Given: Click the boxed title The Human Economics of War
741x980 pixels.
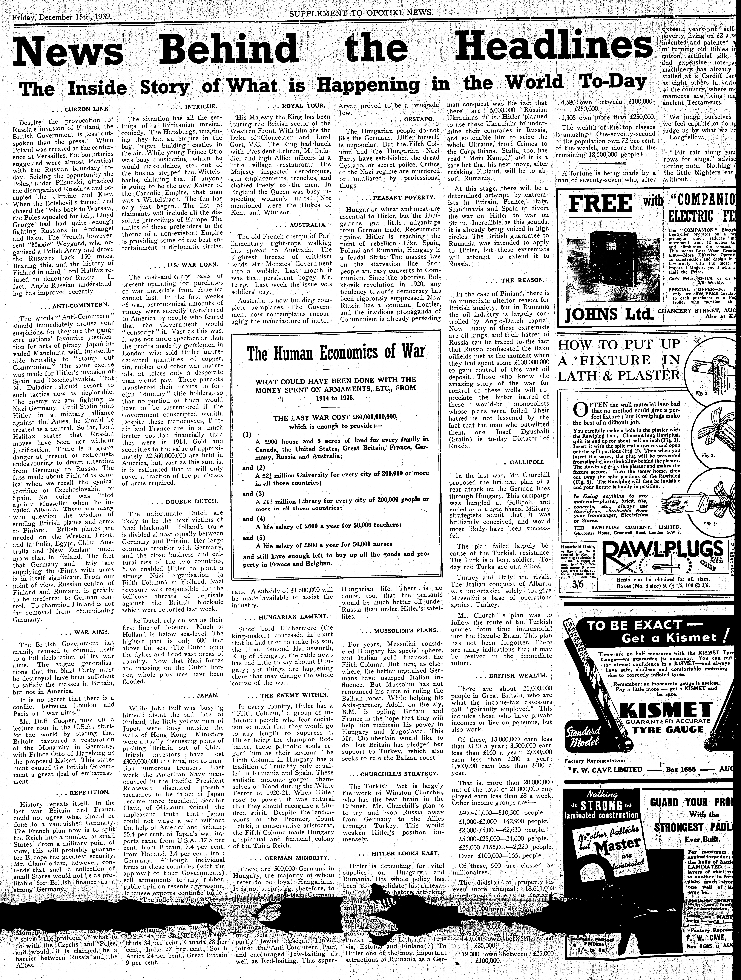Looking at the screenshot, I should point(336,352).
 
